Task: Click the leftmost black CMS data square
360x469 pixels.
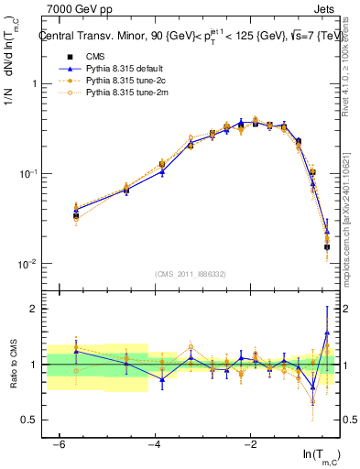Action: tap(76, 216)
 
